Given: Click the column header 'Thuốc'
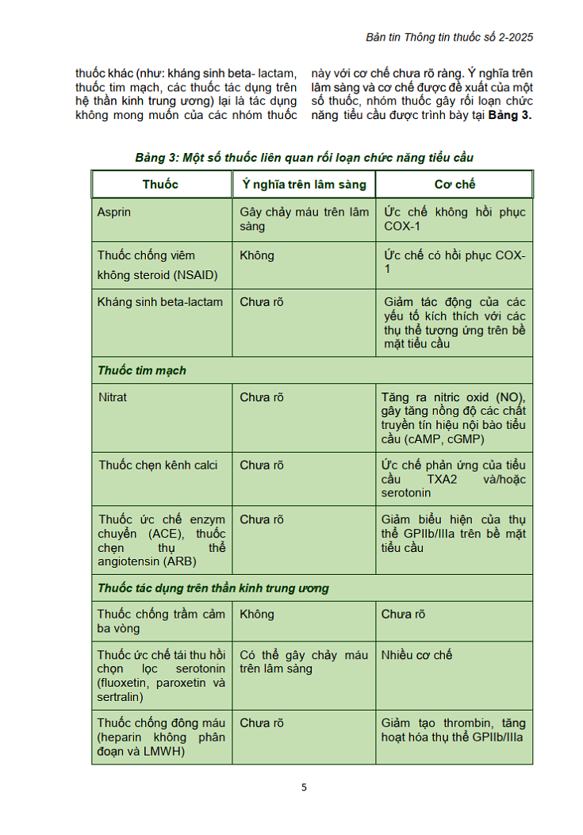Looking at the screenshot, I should coord(160,184).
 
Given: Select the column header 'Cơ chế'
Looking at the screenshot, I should coord(455,184).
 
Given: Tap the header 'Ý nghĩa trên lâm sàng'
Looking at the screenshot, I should coord(303,184).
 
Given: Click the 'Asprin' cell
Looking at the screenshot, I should coord(114,213).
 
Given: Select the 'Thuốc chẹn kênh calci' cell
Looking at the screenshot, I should coord(158,465).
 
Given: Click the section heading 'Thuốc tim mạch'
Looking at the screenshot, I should coord(142,370).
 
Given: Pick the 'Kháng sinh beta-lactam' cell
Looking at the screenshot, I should coord(160,302).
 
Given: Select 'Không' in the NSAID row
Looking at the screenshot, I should coord(257,255).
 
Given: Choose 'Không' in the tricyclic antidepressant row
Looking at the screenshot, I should coord(257,614).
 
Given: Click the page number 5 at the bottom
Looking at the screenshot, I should coord(304,787).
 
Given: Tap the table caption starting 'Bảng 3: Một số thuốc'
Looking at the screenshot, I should coord(304,158).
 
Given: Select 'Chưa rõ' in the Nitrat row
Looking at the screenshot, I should coord(262,397).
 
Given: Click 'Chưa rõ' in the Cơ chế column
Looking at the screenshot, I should coord(403,614).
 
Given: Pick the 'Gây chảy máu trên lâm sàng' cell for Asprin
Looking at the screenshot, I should coord(304,219).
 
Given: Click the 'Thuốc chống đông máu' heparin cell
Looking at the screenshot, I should coord(161,737).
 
